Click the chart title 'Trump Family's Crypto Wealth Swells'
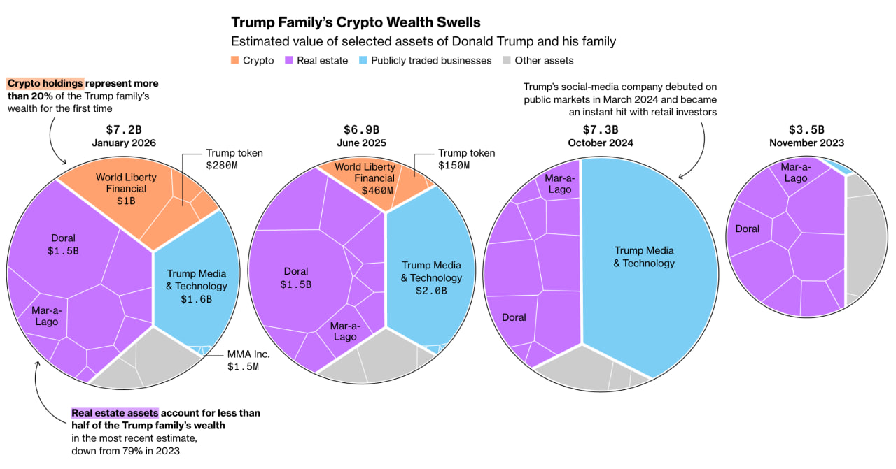click(356, 22)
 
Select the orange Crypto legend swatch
click(234, 60)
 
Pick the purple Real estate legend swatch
click(288, 60)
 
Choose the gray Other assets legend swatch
click(506, 60)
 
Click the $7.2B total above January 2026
click(124, 129)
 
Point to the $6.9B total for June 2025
click(361, 129)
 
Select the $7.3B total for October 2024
click(601, 129)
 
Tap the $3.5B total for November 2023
click(806, 129)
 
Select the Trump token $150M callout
click(466, 159)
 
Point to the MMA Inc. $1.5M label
click(248, 360)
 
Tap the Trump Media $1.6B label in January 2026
click(196, 286)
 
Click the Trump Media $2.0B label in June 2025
click(431, 277)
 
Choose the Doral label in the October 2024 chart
click(514, 317)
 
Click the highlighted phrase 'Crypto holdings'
click(45, 83)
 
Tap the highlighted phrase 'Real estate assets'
click(115, 413)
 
